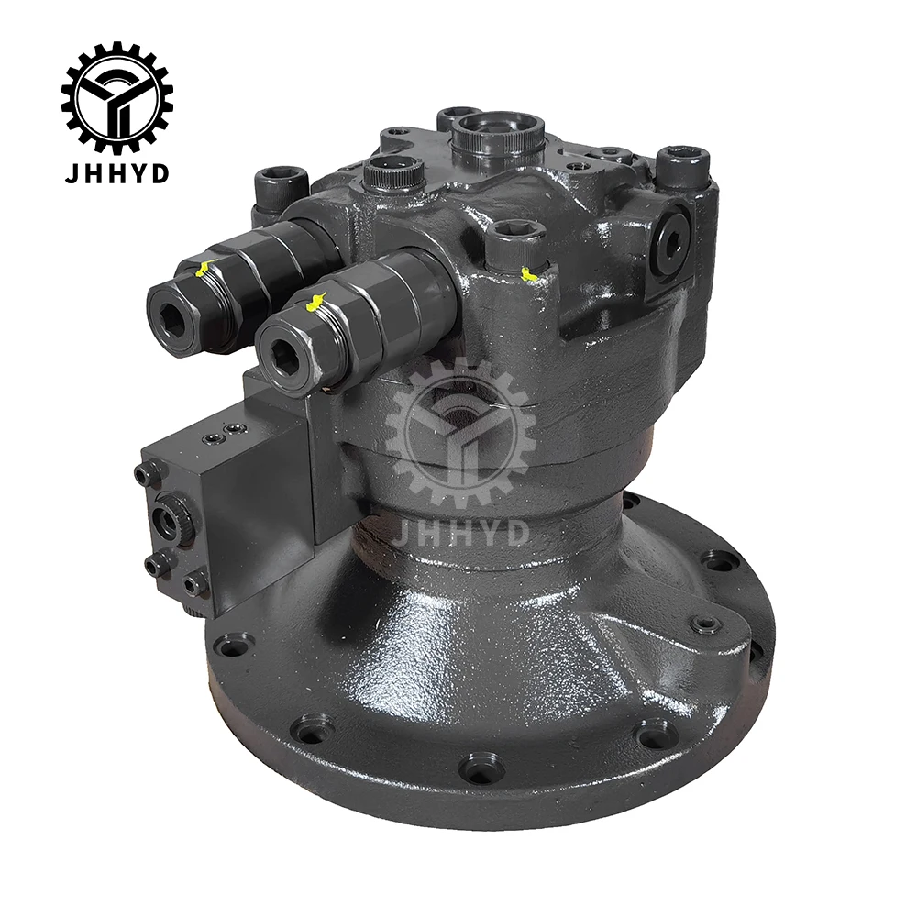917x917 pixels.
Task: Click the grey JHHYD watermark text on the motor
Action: coord(460,532)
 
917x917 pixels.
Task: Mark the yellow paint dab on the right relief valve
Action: coord(315,301)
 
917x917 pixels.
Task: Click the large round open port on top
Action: coord(497,134)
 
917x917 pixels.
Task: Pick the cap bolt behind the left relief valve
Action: coord(279,183)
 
